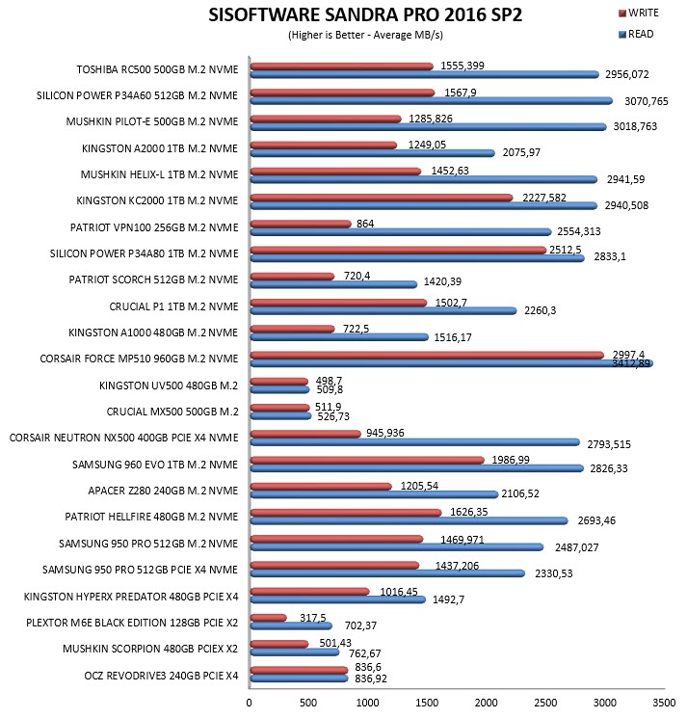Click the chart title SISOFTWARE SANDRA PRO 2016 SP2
pyautogui.click(x=365, y=15)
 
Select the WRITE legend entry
pyautogui.click(x=639, y=13)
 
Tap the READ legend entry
pyautogui.click(x=636, y=34)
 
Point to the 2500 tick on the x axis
pyautogui.click(x=545, y=703)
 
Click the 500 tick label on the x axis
pyautogui.click(x=308, y=703)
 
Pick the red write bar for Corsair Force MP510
pyautogui.click(x=427, y=355)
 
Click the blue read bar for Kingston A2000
pyautogui.click(x=373, y=153)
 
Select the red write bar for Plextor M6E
pyautogui.click(x=269, y=618)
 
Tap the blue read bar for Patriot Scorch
pyautogui.click(x=333, y=284)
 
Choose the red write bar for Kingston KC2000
pyautogui.click(x=382, y=198)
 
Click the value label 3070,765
pyautogui.click(x=647, y=101)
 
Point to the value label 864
pyautogui.click(x=365, y=224)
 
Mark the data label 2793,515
pyautogui.click(x=609, y=444)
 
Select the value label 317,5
pyautogui.click(x=313, y=618)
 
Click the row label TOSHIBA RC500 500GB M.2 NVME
pyautogui.click(x=157, y=69)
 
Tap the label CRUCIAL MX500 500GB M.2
pyautogui.click(x=172, y=412)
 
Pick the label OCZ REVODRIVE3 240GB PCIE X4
pyautogui.click(x=161, y=676)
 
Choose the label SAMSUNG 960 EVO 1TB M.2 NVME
pyautogui.click(x=155, y=465)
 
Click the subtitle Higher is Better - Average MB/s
pyautogui.click(x=366, y=35)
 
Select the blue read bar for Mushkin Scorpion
pyautogui.click(x=295, y=652)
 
